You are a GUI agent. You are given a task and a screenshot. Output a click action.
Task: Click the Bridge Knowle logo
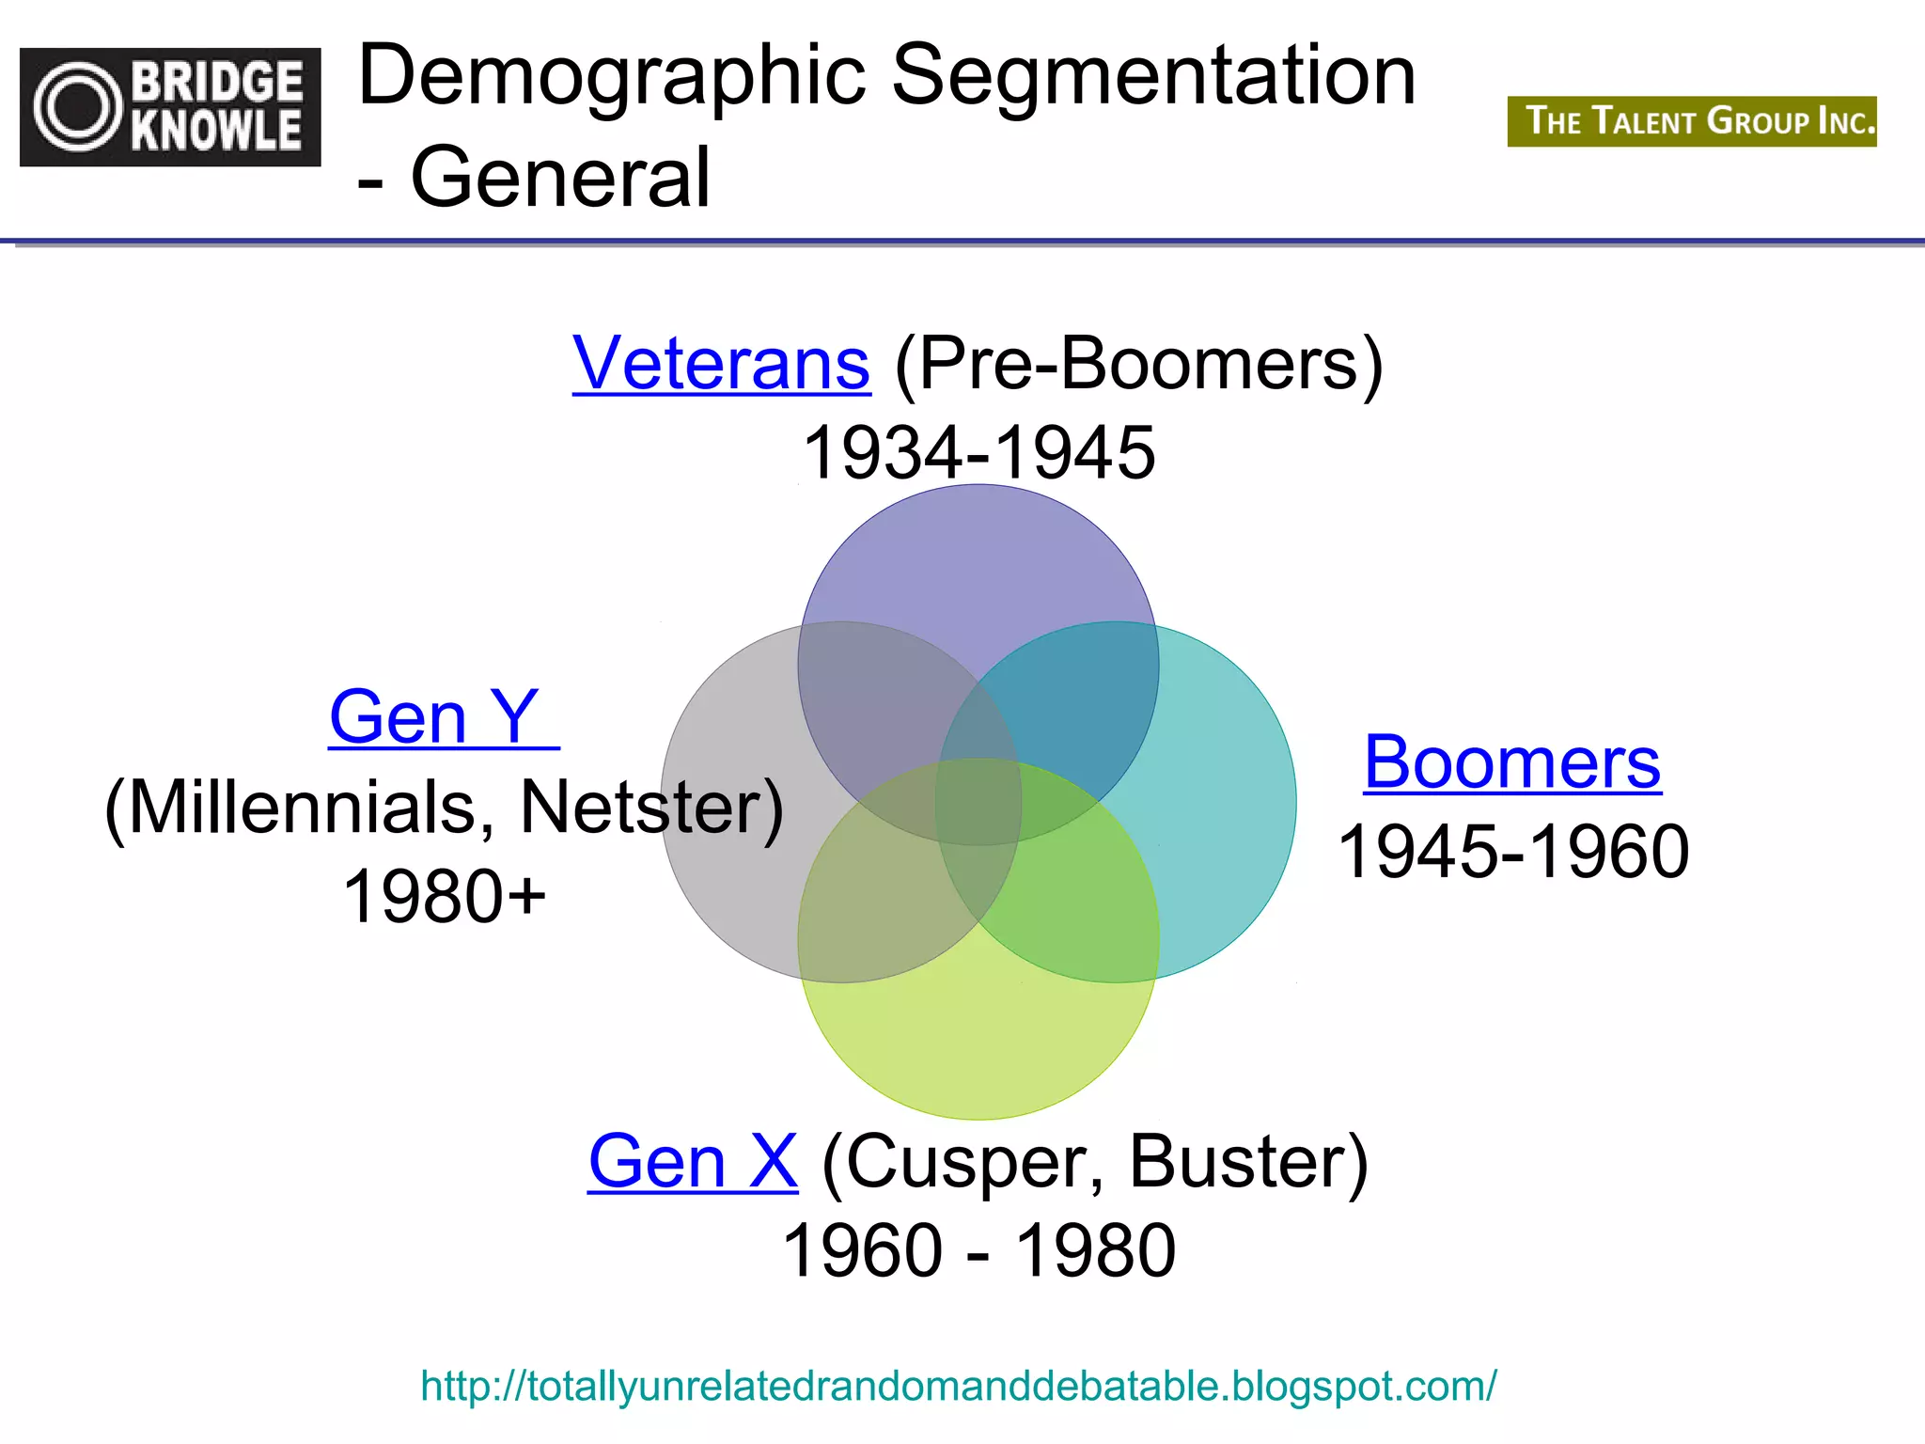point(170,107)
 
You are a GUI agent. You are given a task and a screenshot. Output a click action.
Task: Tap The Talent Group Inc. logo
point(1691,121)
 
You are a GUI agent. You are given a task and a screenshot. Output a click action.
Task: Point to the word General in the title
point(560,177)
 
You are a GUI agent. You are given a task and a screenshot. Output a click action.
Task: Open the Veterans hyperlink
point(721,364)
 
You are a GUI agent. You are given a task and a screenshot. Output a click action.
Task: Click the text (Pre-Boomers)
point(1138,364)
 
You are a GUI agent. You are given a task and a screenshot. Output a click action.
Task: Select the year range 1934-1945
point(978,452)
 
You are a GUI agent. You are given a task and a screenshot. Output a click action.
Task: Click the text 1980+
point(444,896)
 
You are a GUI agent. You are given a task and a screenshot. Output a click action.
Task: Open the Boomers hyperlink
point(1511,762)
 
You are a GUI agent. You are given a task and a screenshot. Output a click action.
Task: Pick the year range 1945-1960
point(1512,852)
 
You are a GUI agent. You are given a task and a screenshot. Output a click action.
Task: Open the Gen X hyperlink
point(693,1162)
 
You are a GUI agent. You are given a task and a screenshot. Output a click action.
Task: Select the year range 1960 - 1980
point(978,1251)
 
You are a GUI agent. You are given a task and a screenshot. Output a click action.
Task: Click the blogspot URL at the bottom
point(958,1387)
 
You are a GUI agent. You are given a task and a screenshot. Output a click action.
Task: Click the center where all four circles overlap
point(978,801)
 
